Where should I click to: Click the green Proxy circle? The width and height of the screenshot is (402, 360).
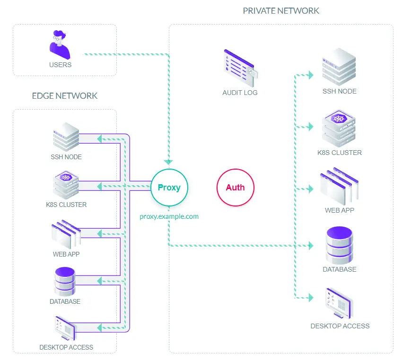click(x=169, y=188)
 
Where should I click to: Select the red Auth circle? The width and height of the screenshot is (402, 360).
click(x=235, y=188)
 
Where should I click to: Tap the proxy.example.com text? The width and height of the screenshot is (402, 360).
click(x=169, y=216)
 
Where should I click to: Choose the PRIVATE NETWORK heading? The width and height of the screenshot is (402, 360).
click(x=281, y=10)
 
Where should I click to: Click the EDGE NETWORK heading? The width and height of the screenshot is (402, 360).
click(x=65, y=96)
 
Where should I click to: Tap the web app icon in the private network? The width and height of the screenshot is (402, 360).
click(x=339, y=186)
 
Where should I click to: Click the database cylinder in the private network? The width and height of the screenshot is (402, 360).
click(x=340, y=245)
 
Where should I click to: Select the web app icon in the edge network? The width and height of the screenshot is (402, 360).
click(x=66, y=233)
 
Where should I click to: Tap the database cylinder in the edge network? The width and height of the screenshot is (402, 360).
click(x=65, y=282)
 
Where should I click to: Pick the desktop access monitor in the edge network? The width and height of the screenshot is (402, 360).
click(x=65, y=327)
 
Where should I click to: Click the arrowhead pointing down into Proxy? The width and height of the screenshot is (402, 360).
click(x=169, y=162)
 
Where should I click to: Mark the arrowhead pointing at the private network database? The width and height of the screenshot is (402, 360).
click(x=311, y=245)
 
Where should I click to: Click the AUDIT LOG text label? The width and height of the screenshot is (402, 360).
click(x=240, y=93)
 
